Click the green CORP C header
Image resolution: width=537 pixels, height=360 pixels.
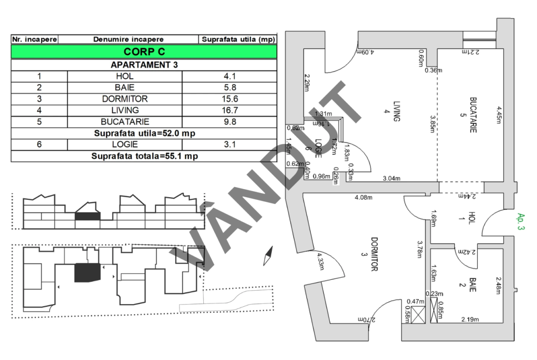[x=144, y=52]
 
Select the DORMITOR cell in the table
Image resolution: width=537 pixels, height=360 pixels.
[x=125, y=99]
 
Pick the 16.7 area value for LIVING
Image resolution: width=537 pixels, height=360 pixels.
[x=229, y=110]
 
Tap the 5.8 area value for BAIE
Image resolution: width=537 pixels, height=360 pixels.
[x=229, y=88]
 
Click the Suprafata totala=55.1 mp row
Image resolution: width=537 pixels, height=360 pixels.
[x=144, y=156]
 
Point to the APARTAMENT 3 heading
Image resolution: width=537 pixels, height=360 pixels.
[x=144, y=65]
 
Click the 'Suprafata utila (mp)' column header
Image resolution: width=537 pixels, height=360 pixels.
[x=238, y=39]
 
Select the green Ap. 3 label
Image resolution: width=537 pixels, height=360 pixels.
[x=520, y=222]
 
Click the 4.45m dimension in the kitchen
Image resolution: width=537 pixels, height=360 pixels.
[x=499, y=115]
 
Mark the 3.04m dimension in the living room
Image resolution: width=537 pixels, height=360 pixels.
[x=392, y=178]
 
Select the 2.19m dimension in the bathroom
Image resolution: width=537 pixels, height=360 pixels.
[x=470, y=319]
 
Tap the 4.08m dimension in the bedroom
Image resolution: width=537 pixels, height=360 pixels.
[x=364, y=198]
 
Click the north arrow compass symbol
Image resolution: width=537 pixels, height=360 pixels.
[x=268, y=256]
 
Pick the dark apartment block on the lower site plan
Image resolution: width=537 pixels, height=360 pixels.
[x=88, y=273]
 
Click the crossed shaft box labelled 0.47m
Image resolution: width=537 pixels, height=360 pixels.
[x=418, y=315]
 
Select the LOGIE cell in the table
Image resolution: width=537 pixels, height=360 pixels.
[x=125, y=144]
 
